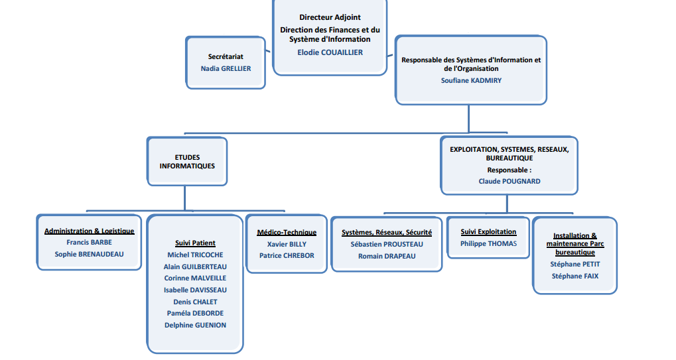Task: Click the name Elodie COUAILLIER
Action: pos(330,52)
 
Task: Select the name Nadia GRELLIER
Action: pos(226,68)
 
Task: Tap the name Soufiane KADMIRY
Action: pos(471,80)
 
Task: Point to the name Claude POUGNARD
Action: pos(509,181)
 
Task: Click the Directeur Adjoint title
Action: pos(330,18)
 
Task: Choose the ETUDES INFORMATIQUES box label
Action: pos(187,162)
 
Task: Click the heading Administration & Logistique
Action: pos(90,231)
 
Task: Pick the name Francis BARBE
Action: pos(90,243)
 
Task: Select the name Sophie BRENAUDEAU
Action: pos(90,254)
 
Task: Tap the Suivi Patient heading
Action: pos(195,243)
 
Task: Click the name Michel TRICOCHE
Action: pos(195,255)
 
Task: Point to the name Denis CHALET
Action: pos(195,302)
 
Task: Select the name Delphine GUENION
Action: pos(195,325)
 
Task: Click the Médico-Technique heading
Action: pos(287,233)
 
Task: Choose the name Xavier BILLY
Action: pos(287,244)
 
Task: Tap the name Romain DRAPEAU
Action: pos(387,256)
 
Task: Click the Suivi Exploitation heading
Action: pos(488,231)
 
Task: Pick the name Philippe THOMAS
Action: pos(488,244)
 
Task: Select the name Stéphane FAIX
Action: pos(575,276)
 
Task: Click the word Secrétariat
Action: pos(226,57)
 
